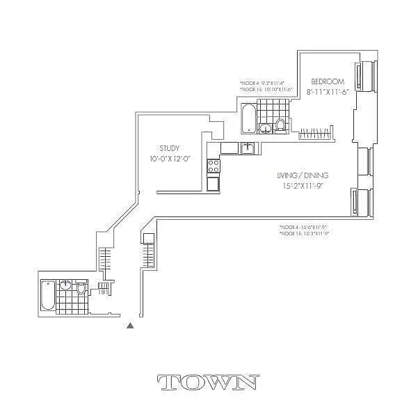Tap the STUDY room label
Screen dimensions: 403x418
tap(170, 148)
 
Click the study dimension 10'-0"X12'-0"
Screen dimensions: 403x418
tap(170, 159)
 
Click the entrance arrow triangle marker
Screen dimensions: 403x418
tap(129, 324)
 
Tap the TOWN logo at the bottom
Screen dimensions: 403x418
tap(209, 381)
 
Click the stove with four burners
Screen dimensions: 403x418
tap(214, 166)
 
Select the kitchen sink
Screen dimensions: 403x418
tap(247, 148)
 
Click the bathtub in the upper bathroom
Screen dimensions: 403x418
tap(248, 118)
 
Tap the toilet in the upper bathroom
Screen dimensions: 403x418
tap(280, 125)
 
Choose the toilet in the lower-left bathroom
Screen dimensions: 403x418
tap(81, 288)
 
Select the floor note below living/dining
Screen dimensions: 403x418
tap(303, 230)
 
